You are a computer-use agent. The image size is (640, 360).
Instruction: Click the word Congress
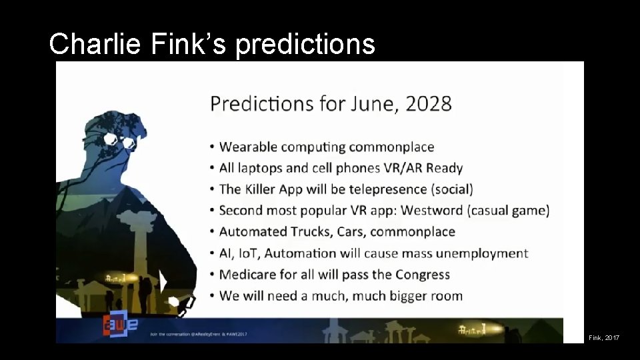coord(422,275)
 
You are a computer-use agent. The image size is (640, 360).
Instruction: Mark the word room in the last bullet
coord(445,296)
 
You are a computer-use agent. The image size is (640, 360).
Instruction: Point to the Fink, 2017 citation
coord(603,339)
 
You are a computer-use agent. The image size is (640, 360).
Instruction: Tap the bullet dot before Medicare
coord(212,275)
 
